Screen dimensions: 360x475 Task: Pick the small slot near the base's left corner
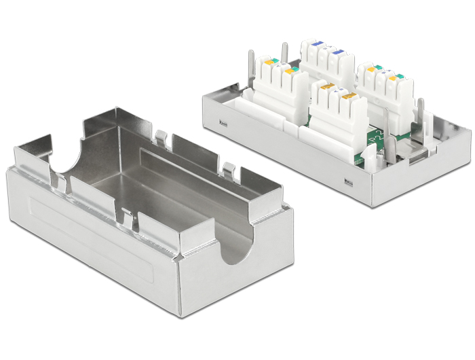tap(224, 124)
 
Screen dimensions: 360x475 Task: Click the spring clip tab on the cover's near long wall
tap(128, 218)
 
